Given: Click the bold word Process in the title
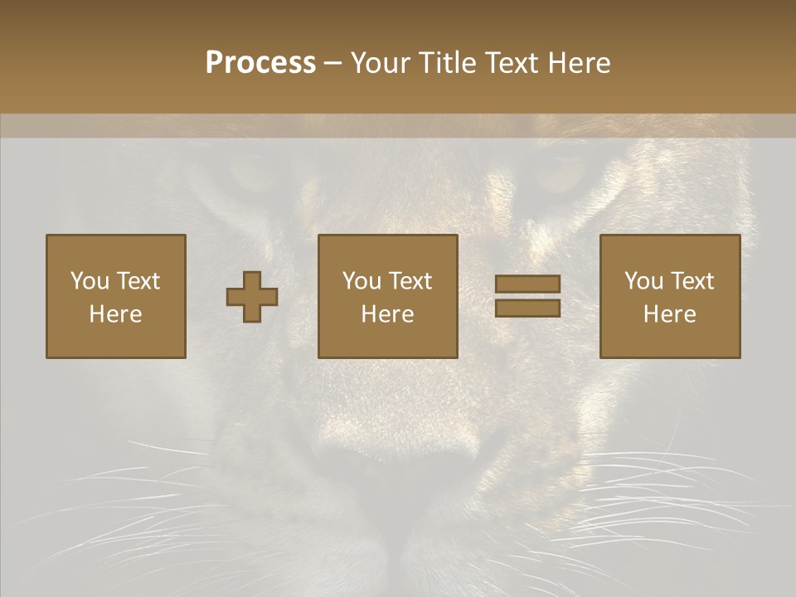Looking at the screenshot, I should click(260, 63).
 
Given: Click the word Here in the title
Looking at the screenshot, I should click(580, 63).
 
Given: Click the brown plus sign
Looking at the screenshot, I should click(252, 297).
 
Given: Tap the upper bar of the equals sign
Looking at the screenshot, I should click(527, 284).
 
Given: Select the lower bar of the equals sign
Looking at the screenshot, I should click(527, 308).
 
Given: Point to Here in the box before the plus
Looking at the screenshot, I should click(116, 314).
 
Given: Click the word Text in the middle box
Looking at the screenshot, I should click(410, 281).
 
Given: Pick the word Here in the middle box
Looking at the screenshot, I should click(388, 314).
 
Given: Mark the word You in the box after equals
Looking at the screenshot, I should click(643, 281).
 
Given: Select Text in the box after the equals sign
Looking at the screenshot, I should click(692, 281).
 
